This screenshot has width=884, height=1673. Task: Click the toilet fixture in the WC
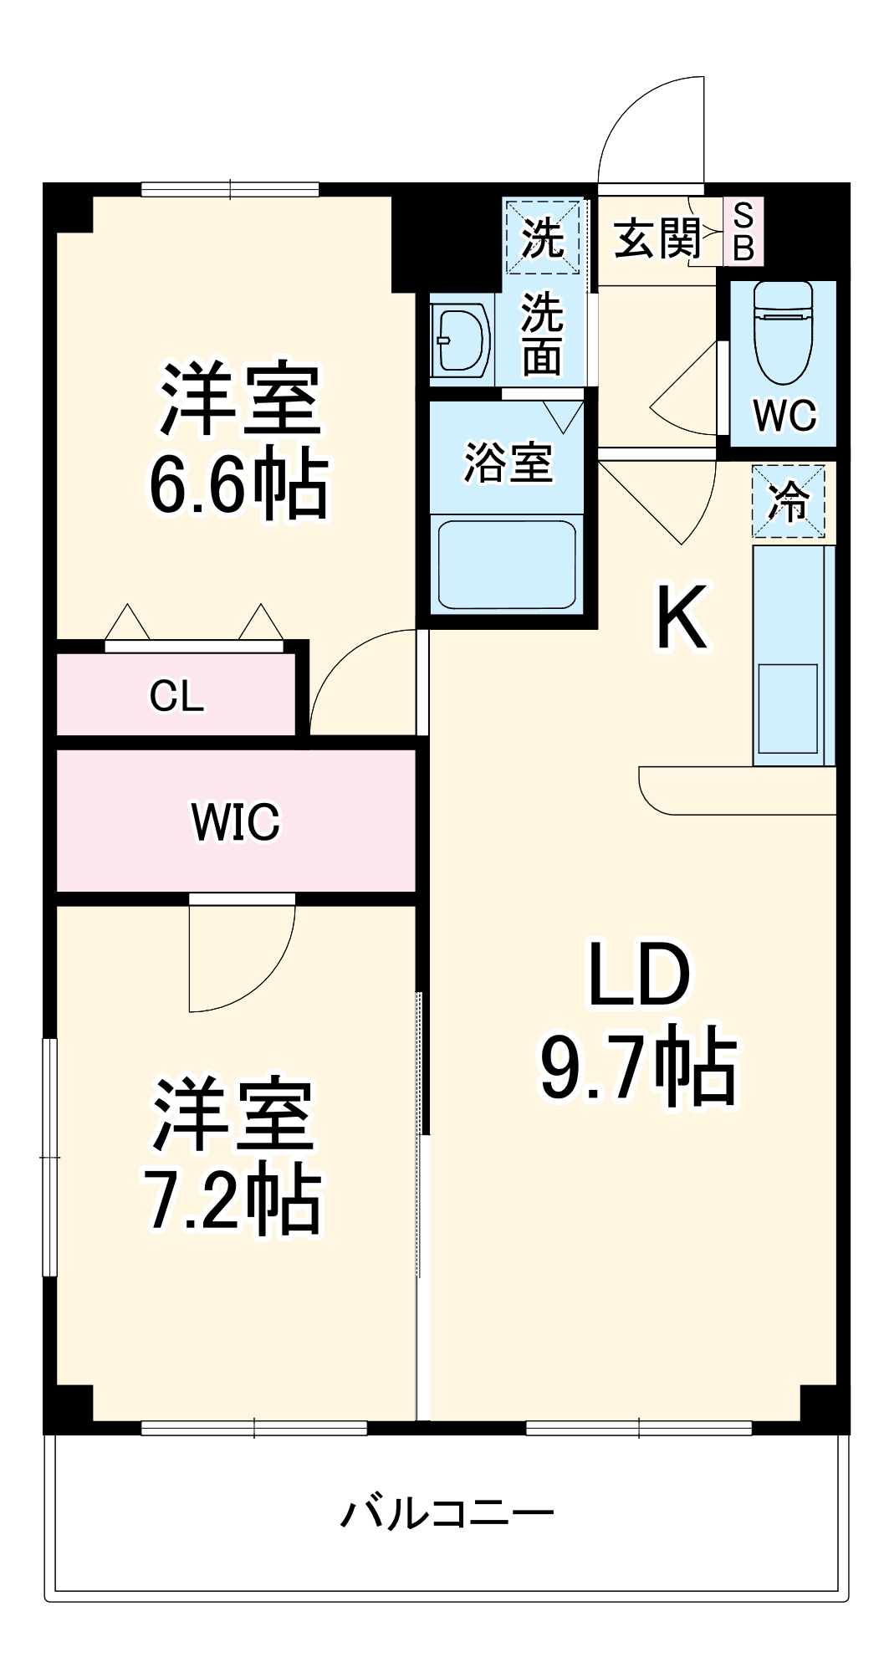[783, 333]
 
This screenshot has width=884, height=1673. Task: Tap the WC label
[784, 415]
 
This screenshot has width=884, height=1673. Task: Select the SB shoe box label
[743, 232]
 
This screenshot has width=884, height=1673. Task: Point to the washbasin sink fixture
[462, 340]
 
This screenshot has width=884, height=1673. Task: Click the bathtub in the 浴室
[507, 565]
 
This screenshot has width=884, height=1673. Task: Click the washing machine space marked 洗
[543, 237]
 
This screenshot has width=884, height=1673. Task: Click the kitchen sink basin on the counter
[787, 708]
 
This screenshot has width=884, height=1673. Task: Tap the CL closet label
[176, 696]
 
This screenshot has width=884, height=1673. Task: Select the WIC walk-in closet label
[236, 821]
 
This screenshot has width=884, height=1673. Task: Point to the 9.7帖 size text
[639, 1068]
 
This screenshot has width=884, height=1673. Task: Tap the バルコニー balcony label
[447, 1513]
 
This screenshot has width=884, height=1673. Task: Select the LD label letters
[639, 975]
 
